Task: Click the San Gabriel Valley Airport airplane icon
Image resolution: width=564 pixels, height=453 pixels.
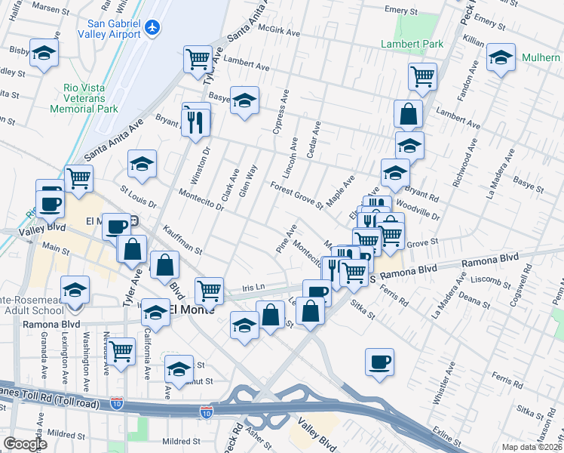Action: point(153,27)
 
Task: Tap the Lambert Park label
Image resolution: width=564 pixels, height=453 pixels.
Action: point(412,45)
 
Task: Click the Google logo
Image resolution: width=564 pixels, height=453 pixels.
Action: point(24,444)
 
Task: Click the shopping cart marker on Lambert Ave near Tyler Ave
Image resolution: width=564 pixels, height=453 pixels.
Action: point(198,58)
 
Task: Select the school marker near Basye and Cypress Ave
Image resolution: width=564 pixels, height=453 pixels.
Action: point(244,100)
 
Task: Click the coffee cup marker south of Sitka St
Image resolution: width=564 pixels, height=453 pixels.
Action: point(379,361)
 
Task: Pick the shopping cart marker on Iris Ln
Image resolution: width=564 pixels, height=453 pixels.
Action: point(209,289)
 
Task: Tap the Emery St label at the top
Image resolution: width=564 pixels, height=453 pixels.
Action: point(400,12)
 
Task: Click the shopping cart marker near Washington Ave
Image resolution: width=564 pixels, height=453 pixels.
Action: point(121,351)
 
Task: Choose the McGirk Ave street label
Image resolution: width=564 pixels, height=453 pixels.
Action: point(280,32)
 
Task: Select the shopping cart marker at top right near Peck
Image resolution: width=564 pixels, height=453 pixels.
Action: point(422,75)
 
